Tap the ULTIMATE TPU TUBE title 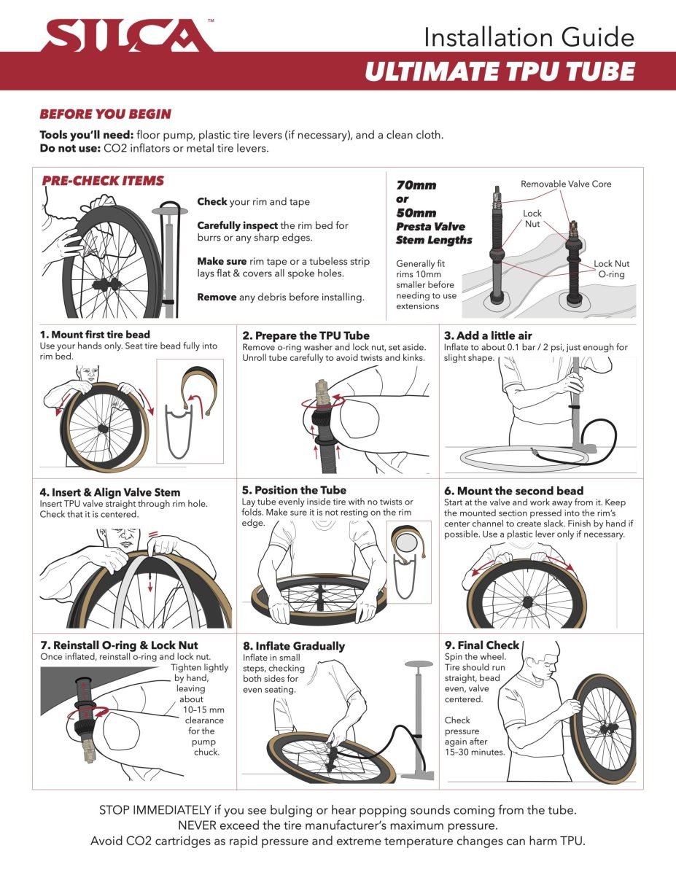[500, 72]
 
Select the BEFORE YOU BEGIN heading [105, 114]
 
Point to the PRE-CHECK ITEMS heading [103, 181]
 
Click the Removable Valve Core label [566, 184]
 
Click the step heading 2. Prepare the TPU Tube [306, 335]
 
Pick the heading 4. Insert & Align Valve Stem [110, 492]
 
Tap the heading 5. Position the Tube [294, 490]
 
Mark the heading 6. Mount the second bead [513, 491]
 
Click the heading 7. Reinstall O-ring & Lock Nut [120, 645]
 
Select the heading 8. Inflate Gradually [293, 646]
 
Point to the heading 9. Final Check [481, 645]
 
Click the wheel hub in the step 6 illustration [526, 603]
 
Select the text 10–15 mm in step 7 [204, 709]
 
